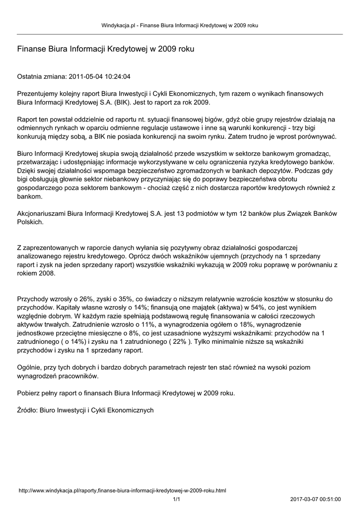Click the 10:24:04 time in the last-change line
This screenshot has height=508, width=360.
pyautogui.click(x=117, y=77)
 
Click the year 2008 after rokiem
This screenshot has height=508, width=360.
pyautogui.click(x=46, y=273)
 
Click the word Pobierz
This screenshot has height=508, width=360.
pyautogui.click(x=29, y=393)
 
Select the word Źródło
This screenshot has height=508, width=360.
pyautogui.click(x=27, y=410)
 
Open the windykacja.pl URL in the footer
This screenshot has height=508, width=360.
pyautogui.click(x=122, y=491)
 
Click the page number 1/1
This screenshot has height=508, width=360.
pyautogui.click(x=176, y=499)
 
